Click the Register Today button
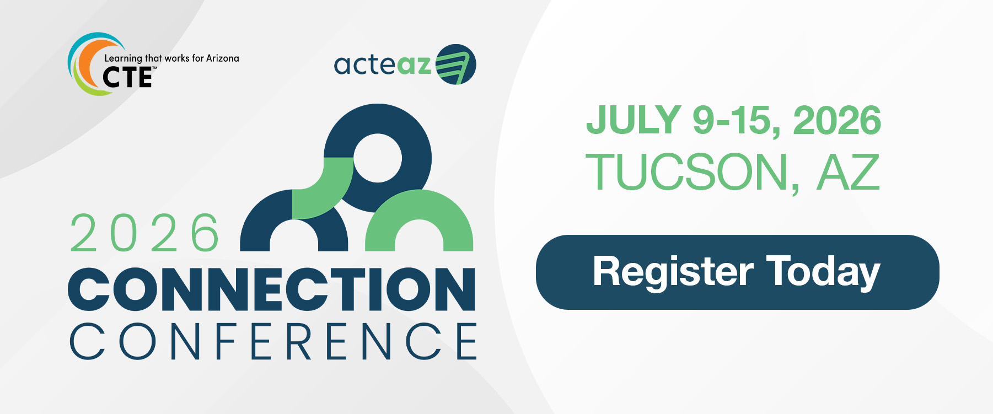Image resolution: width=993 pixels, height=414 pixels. click(737, 272)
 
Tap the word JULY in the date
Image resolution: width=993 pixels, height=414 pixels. click(634, 120)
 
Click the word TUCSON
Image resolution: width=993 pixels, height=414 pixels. click(688, 173)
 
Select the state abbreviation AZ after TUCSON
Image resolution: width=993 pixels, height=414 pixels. click(848, 172)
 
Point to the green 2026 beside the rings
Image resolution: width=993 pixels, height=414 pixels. click(145, 233)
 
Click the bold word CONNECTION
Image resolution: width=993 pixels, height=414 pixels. click(272, 289)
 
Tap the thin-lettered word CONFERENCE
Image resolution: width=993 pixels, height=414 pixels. click(273, 341)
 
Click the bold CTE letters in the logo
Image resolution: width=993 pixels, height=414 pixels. click(127, 77)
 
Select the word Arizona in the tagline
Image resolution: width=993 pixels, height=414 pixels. click(223, 58)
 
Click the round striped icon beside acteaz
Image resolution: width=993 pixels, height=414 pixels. click(456, 64)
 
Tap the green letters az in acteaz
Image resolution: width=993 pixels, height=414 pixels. click(414, 65)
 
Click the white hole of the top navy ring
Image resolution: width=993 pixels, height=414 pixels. click(378, 158)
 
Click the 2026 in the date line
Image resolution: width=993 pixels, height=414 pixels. click(837, 120)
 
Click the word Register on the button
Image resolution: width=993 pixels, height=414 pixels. click(673, 272)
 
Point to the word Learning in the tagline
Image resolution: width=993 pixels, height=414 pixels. click(124, 58)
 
